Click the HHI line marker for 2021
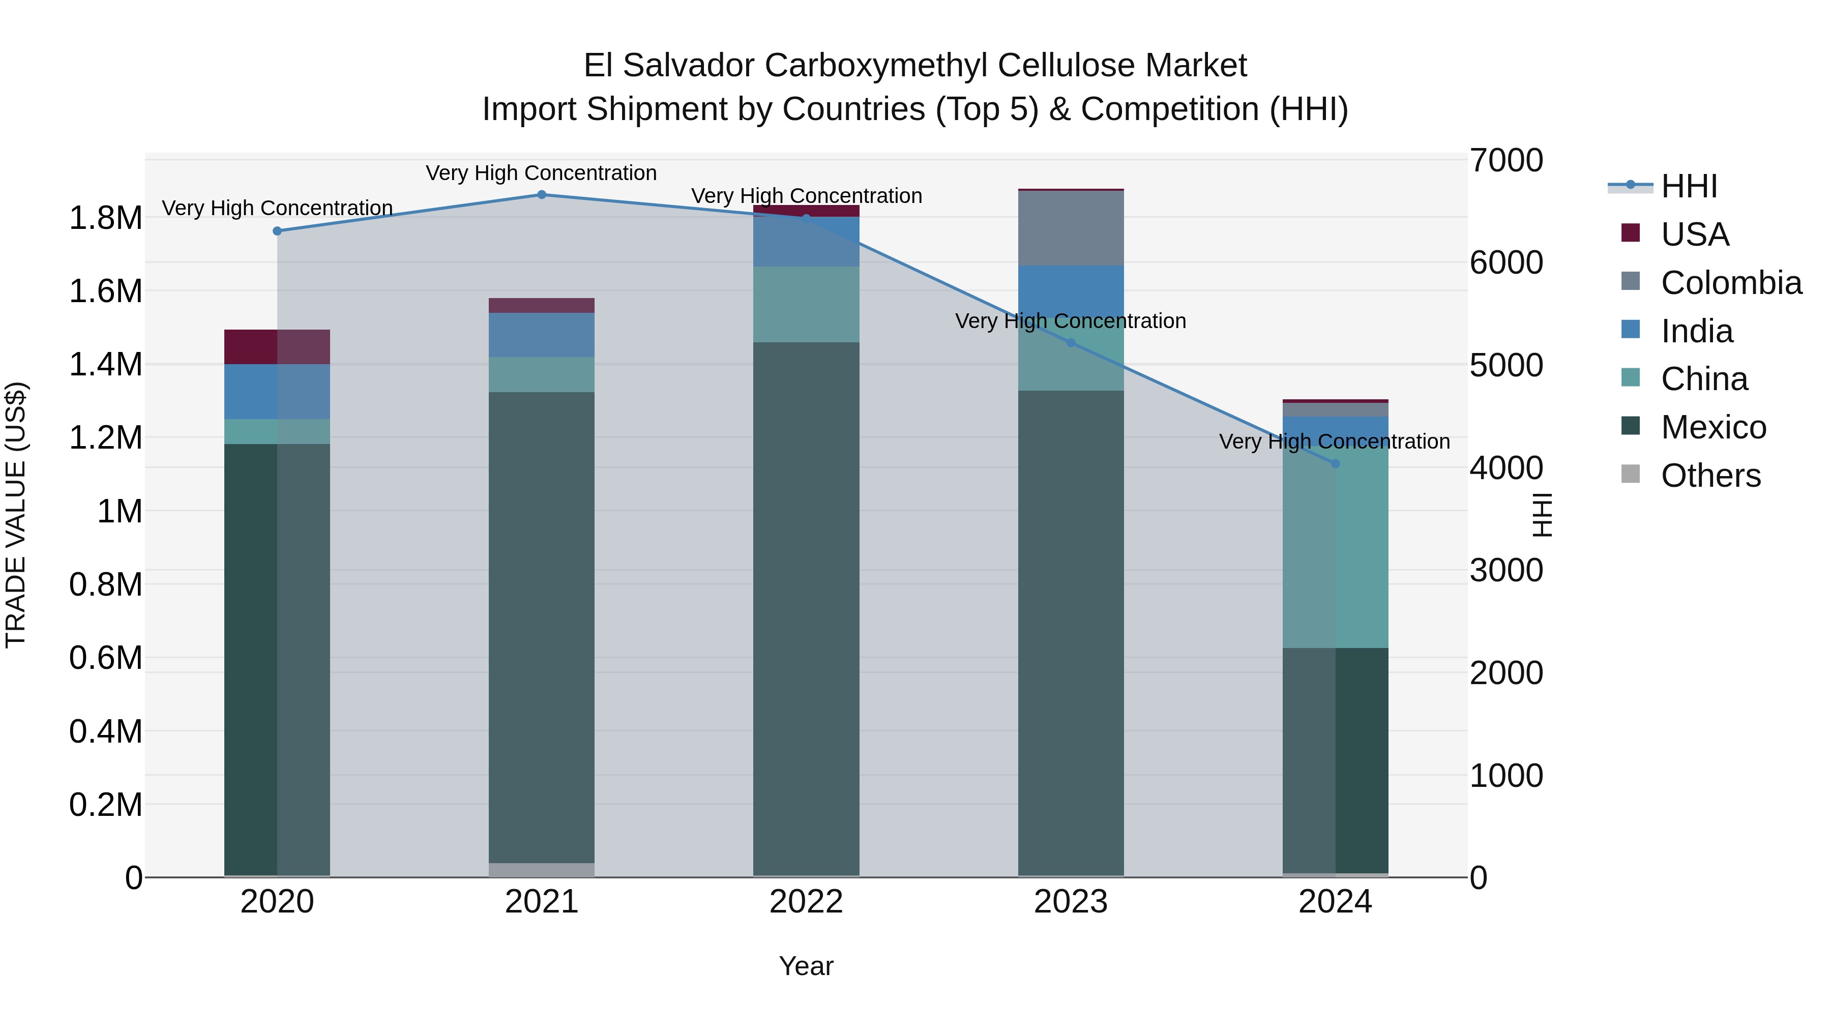pyautogui.click(x=542, y=195)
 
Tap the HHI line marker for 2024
pyautogui.click(x=1335, y=463)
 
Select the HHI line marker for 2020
pyautogui.click(x=277, y=231)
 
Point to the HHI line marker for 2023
pyautogui.click(x=1071, y=343)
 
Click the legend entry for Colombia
pyautogui.click(x=1731, y=283)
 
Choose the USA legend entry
pyautogui.click(x=1695, y=234)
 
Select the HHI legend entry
pyautogui.click(x=1689, y=186)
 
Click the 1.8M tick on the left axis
pyautogui.click(x=106, y=218)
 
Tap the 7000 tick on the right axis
pyautogui.click(x=1506, y=161)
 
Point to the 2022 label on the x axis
pyautogui.click(x=806, y=902)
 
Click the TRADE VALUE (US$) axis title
pyautogui.click(x=16, y=515)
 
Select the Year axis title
pyautogui.click(x=806, y=966)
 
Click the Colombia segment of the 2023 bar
pyautogui.click(x=1071, y=228)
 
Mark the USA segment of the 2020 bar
pyautogui.click(x=277, y=347)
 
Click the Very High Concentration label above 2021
pyautogui.click(x=542, y=173)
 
